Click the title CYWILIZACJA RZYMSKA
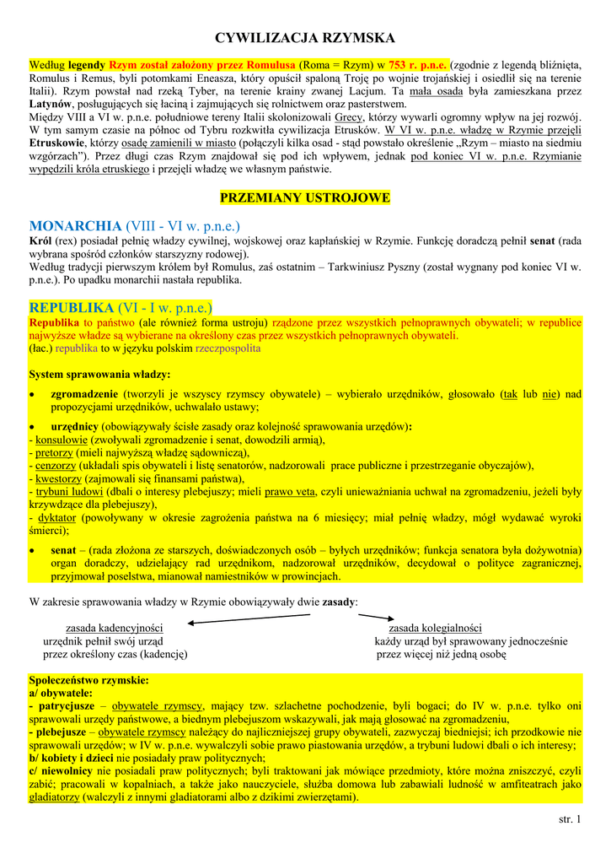tap(305, 38)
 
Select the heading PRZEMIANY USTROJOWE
tap(305, 197)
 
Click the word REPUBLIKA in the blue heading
tap(72, 306)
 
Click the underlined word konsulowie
tap(62, 440)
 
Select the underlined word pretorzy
tap(56, 452)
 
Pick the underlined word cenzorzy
tap(56, 465)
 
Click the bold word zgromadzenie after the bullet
tap(84, 393)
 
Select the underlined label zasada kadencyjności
tap(115, 628)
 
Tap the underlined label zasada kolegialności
tap(435, 628)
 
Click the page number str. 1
tap(570, 819)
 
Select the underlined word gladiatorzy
tap(54, 796)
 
